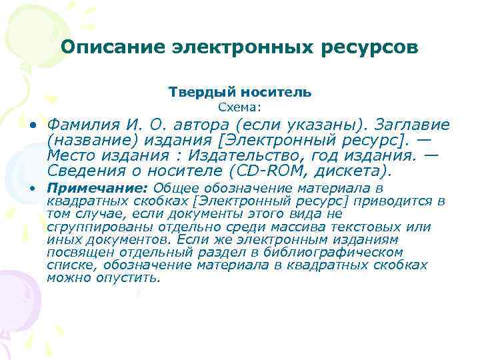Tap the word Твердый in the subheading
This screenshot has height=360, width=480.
coord(199,92)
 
